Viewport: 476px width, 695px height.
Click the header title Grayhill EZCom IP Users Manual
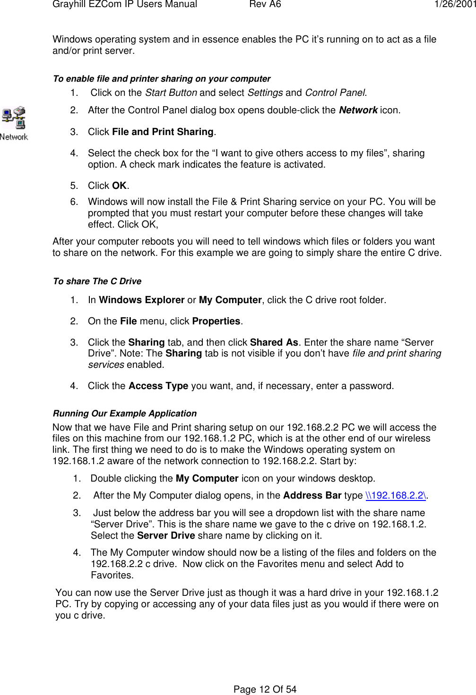tap(125, 4)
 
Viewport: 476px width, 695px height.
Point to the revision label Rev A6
tap(265, 4)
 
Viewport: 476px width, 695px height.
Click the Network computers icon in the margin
tap(14, 118)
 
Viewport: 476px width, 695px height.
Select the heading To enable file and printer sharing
tap(162, 79)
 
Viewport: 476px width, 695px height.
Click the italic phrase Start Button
tap(171, 93)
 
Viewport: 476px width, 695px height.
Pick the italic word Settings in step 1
tap(265, 93)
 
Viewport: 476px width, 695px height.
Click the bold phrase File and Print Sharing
tap(163, 132)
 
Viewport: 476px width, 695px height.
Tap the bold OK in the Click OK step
tap(119, 186)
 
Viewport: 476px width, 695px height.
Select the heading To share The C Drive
tap(97, 281)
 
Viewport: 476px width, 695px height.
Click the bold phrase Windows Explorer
tap(141, 300)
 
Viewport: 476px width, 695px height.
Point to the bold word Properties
tap(216, 321)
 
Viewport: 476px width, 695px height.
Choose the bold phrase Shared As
tap(274, 342)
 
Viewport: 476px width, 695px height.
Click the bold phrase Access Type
tap(158, 386)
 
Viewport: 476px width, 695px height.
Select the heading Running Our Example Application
tap(125, 414)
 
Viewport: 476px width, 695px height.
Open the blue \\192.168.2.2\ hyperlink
tap(396, 495)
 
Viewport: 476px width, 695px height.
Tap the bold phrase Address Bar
tap(312, 495)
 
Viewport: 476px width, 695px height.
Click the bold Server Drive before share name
tap(166, 535)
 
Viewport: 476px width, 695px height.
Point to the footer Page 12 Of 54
tap(265, 689)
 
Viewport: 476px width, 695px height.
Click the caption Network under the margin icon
tap(14, 137)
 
